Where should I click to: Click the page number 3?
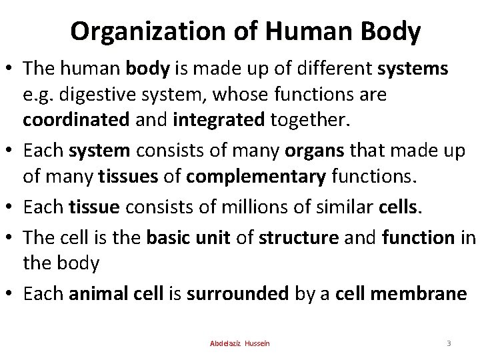click(449, 343)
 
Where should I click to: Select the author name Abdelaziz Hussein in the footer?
click(239, 343)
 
